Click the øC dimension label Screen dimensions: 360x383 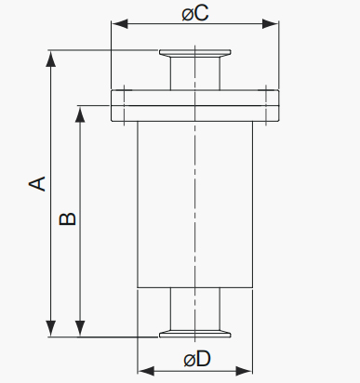195,13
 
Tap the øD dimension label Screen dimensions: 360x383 197,359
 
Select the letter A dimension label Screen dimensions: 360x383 37,183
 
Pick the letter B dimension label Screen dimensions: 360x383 67,218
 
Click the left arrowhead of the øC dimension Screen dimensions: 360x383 120,24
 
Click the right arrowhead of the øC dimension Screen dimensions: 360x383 271,24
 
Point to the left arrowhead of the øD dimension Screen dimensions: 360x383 146,371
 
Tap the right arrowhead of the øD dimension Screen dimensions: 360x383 245,371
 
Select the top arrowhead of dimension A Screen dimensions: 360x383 51,59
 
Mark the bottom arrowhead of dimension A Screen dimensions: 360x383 51,329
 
